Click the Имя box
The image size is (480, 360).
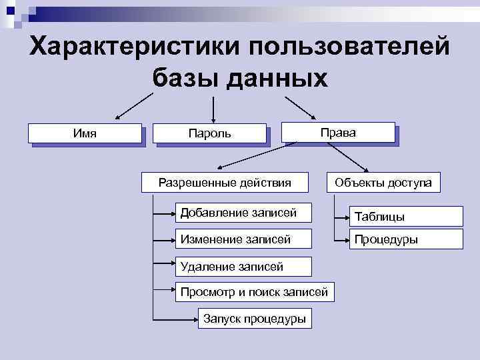tap(85, 133)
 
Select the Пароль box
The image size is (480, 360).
tap(209, 133)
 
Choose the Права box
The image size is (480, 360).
tap(338, 132)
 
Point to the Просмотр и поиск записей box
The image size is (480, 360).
tap(255, 291)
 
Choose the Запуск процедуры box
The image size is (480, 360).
tap(254, 319)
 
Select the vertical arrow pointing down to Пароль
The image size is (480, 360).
tap(213, 108)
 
